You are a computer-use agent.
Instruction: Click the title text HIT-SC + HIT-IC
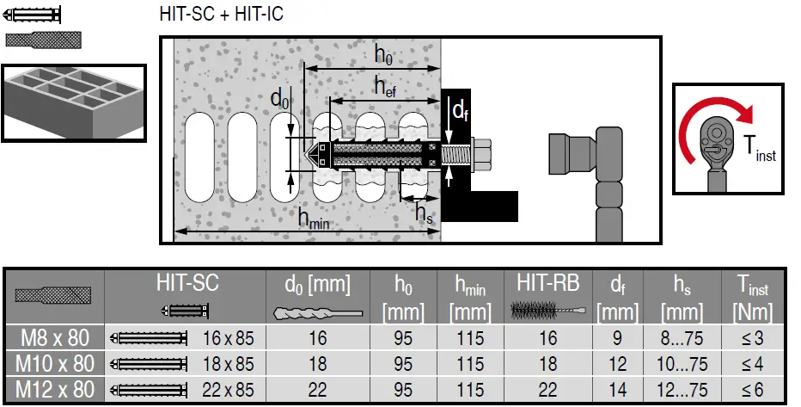click(221, 14)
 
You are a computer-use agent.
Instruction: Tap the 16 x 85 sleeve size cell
click(228, 337)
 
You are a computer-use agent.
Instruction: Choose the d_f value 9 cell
click(617, 337)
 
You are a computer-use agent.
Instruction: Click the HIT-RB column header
click(547, 283)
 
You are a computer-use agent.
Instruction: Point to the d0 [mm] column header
click(318, 283)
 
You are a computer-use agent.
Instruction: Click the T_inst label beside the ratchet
click(759, 151)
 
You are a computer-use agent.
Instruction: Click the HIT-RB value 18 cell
click(547, 364)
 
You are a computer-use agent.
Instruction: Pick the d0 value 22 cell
click(318, 390)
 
